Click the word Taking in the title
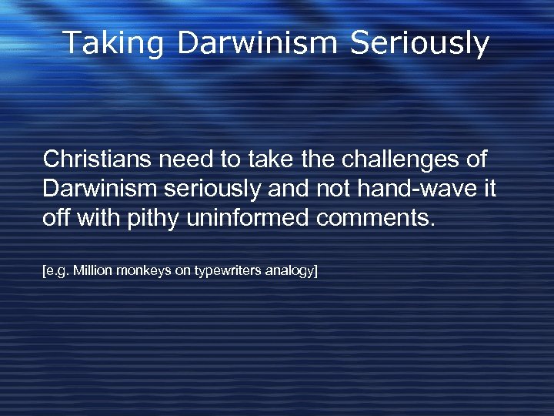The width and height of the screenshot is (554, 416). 113,43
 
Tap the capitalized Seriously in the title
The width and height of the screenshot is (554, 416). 419,43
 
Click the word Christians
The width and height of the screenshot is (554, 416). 98,159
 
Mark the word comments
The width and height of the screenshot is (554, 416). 375,218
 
